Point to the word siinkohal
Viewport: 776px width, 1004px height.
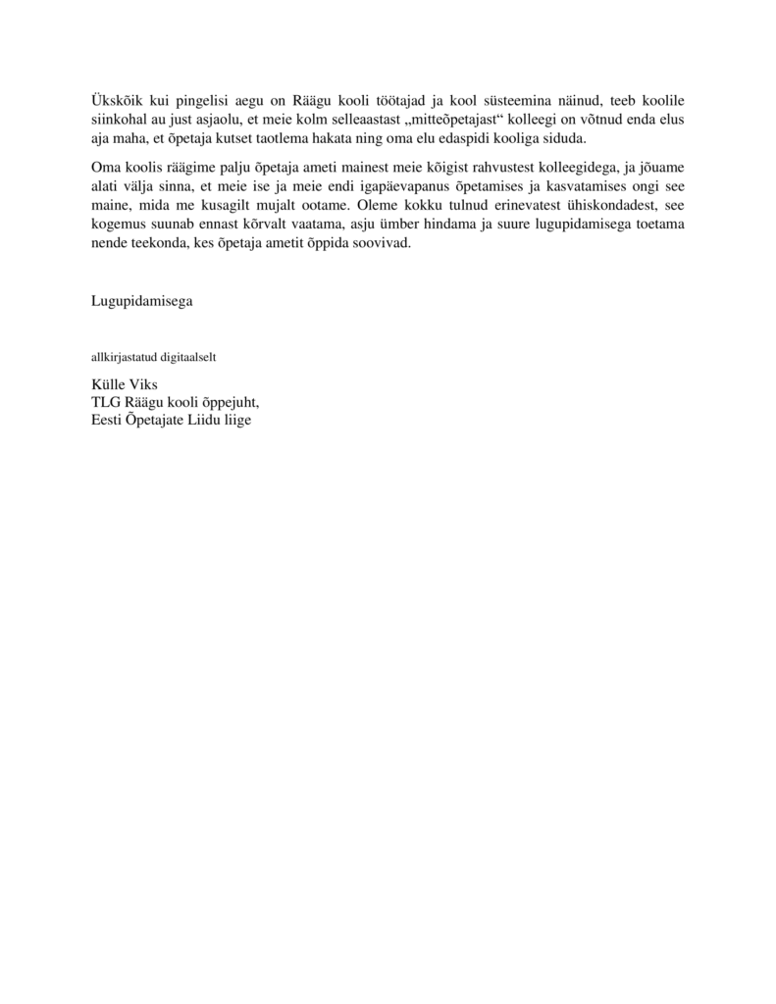tap(118, 120)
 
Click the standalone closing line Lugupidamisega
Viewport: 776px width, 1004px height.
tap(141, 301)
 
